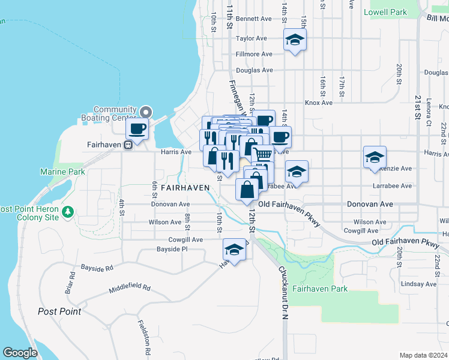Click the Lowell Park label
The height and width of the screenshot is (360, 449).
tap(385, 12)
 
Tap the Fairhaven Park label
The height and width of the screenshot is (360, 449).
tap(320, 289)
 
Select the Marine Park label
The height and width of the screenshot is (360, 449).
tap(62, 172)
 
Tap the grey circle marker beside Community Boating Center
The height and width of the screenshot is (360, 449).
tap(145, 112)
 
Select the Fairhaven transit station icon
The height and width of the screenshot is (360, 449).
tap(128, 145)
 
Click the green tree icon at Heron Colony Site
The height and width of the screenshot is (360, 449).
tap(68, 211)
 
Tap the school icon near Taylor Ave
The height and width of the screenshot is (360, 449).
tap(294, 40)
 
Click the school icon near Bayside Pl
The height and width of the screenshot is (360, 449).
tap(235, 250)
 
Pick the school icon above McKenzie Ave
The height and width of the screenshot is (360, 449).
tap(375, 157)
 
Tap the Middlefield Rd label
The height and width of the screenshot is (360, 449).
tap(130, 289)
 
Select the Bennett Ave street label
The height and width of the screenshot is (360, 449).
tap(254, 19)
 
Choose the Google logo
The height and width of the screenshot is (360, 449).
tap(20, 353)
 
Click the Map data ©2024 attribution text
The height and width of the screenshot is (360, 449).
tap(423, 355)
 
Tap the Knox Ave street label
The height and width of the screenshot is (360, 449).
tap(318, 103)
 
